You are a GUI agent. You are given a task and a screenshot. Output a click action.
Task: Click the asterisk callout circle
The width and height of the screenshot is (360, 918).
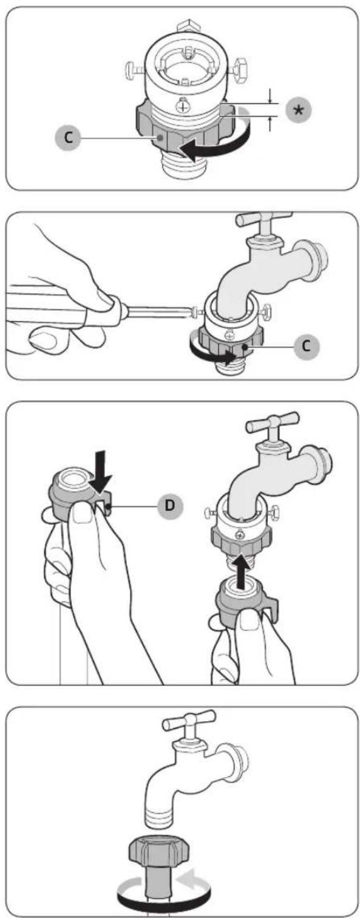click(x=298, y=110)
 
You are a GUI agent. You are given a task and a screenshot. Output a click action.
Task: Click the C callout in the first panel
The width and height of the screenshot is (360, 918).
click(x=67, y=137)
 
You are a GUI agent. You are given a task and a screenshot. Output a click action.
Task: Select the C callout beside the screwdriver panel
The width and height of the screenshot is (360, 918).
click(x=306, y=347)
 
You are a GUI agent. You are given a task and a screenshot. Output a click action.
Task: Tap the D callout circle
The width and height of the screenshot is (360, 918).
click(x=169, y=506)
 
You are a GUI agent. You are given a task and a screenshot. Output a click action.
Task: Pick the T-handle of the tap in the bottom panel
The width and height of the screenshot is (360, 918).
click(x=188, y=721)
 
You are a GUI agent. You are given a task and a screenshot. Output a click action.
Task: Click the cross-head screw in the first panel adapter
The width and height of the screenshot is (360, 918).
click(x=182, y=106)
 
